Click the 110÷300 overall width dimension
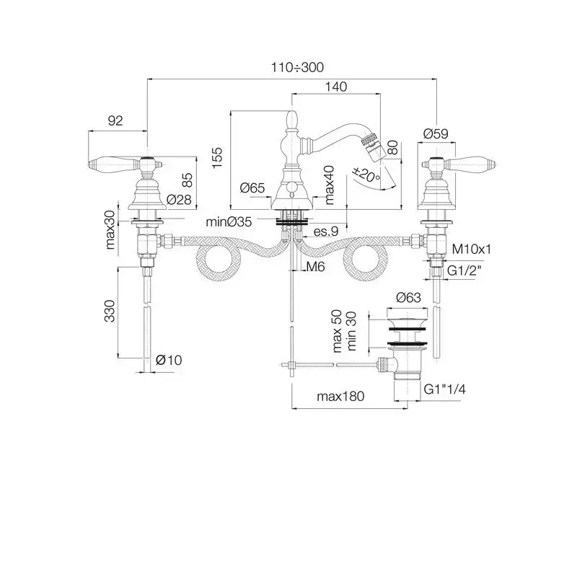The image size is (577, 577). (x=297, y=67)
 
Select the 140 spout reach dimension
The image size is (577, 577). (x=336, y=87)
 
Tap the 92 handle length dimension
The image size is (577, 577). (x=115, y=120)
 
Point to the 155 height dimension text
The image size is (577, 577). (x=218, y=158)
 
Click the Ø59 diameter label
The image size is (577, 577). (x=436, y=133)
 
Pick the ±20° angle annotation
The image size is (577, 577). (x=366, y=175)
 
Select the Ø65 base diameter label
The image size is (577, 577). (x=252, y=188)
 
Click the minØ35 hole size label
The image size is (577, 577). (x=229, y=222)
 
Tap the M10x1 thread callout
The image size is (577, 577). (x=472, y=249)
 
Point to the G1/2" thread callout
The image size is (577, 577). (x=464, y=271)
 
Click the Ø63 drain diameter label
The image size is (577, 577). (x=408, y=297)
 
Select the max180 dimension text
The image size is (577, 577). (x=340, y=396)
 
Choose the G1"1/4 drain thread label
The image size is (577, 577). (x=444, y=389)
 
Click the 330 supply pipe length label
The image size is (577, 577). (x=110, y=311)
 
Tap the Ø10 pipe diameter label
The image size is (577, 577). (x=169, y=360)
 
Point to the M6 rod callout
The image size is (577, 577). (x=315, y=266)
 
